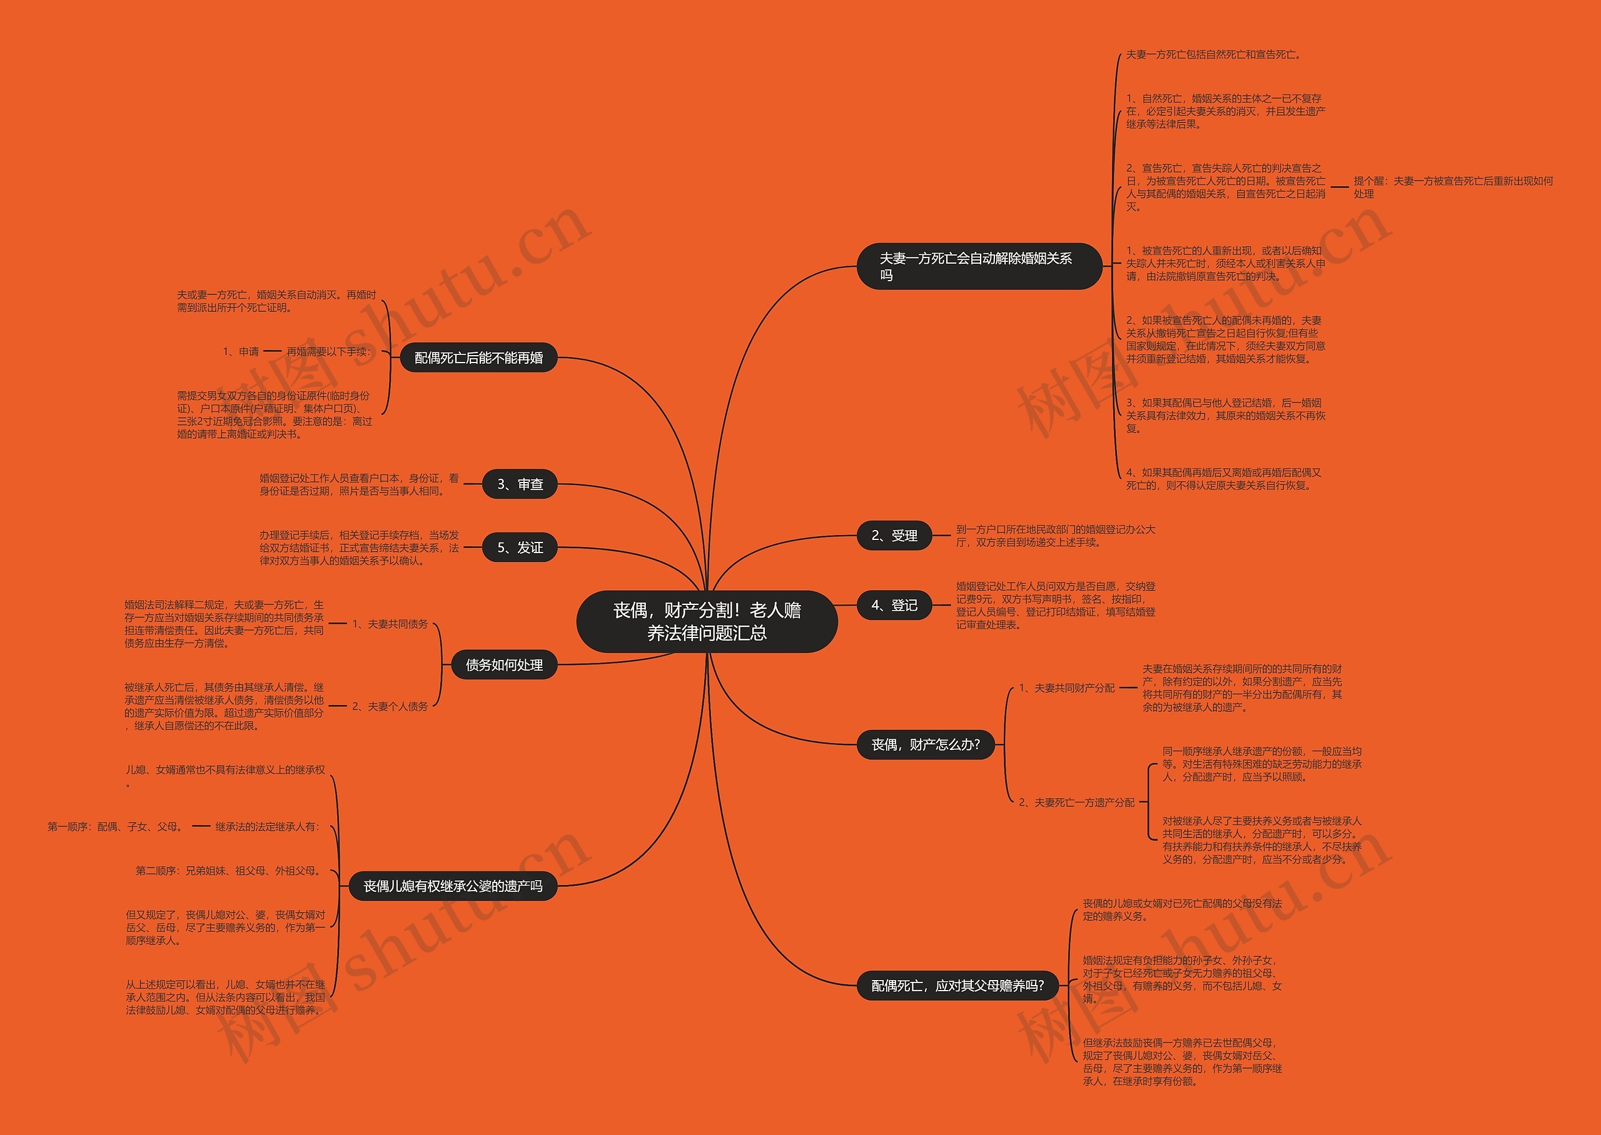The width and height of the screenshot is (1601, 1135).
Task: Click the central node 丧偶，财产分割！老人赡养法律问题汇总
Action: [x=707, y=621]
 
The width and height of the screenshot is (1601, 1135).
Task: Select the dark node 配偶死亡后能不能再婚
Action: [x=478, y=358]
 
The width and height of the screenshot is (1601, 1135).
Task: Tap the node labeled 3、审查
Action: [x=520, y=484]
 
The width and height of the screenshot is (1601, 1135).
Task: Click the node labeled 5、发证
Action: [x=520, y=547]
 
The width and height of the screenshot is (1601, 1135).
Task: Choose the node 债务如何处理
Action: [x=504, y=664]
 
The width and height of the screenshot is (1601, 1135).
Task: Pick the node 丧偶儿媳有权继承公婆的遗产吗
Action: [x=452, y=886]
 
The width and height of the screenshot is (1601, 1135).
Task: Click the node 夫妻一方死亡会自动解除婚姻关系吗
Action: [x=978, y=266]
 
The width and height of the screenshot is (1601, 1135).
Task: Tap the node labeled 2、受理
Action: [x=894, y=536]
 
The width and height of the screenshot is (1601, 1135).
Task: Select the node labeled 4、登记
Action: [x=894, y=605]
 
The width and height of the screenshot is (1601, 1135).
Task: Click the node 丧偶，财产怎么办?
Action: [x=925, y=745]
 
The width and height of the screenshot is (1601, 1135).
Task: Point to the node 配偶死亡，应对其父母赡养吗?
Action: [x=957, y=986]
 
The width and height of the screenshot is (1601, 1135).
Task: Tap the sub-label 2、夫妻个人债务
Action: [x=390, y=707]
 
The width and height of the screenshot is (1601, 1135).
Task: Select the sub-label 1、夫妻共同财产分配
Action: [x=1066, y=687]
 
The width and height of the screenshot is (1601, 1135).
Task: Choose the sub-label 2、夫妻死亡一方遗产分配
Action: [x=1076, y=802]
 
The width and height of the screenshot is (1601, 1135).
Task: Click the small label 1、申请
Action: [x=241, y=351]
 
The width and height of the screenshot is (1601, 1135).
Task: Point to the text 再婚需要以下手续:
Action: [x=328, y=351]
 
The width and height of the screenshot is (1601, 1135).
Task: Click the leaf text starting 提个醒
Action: [x=1452, y=187]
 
